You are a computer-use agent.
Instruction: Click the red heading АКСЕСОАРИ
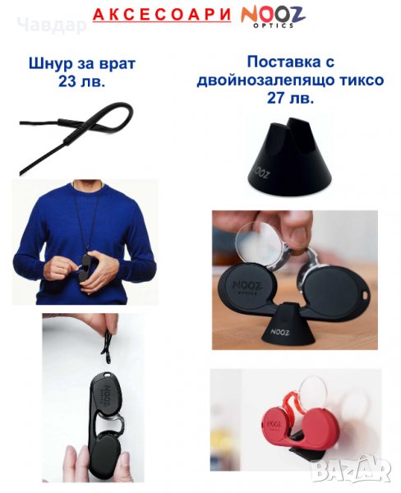162,15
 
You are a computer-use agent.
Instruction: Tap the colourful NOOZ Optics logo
273,16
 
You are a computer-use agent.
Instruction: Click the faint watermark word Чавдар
52,25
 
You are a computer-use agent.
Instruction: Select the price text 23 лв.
81,81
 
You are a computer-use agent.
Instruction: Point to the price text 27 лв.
290,98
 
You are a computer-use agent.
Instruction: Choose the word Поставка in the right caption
279,62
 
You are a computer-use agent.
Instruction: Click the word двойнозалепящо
265,81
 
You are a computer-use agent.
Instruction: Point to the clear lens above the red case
313,394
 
